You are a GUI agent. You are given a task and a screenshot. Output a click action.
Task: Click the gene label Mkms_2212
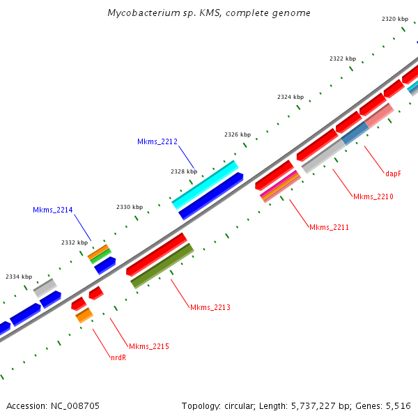coord(157,141)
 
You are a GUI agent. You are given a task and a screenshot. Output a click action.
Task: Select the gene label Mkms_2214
coord(52,210)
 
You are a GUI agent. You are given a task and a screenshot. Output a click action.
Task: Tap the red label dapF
coord(393,173)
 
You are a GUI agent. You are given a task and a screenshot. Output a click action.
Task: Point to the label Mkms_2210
coord(373,196)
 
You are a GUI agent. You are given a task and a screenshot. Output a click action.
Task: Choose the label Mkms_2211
coord(329,227)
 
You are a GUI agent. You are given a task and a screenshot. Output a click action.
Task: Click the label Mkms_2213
coord(210,307)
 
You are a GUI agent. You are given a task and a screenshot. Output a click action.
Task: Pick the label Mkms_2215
coord(149,346)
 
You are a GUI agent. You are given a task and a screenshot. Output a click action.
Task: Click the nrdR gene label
coord(118,358)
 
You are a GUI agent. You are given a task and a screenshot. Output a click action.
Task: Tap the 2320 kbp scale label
coord(395,19)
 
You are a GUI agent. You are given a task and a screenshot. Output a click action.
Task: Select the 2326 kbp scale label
coord(238,134)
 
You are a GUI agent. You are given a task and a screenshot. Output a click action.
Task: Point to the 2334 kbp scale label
coord(19,277)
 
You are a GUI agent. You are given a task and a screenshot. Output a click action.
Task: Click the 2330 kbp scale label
coord(130,207)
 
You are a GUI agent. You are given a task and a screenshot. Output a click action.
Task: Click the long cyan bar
coord(205,185)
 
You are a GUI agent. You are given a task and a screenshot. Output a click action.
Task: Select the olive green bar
coord(162,266)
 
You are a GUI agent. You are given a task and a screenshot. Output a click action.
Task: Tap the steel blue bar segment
coord(355,133)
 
